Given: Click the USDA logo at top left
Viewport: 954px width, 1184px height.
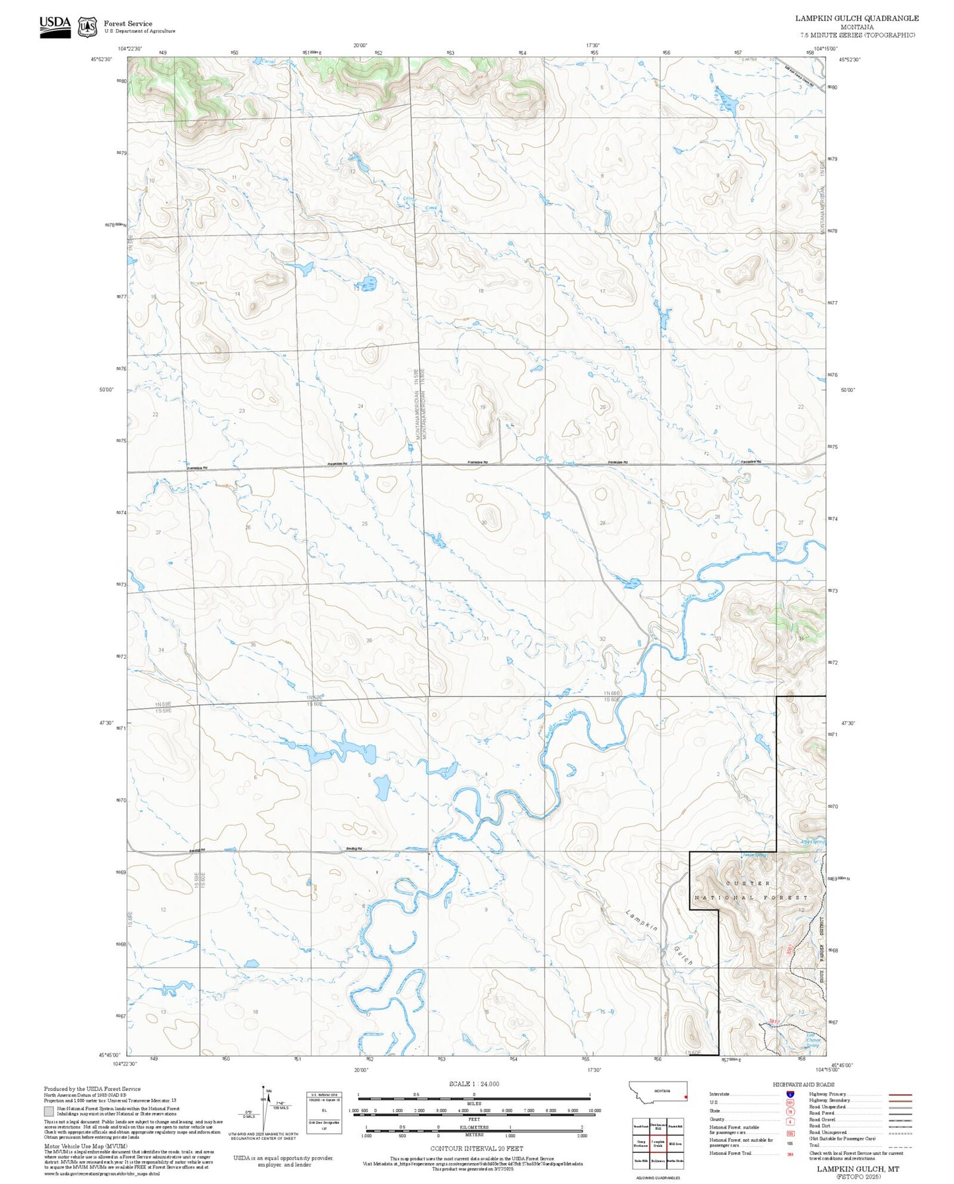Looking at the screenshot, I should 55,26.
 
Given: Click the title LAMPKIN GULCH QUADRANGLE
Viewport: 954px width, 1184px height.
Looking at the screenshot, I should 856,18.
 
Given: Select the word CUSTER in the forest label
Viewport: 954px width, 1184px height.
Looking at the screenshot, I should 747,883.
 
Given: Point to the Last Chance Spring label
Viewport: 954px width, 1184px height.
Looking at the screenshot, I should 813,1041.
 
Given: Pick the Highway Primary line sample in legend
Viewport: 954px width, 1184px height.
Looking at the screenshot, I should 901,1094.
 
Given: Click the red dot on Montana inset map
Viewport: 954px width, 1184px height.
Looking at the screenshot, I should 685,1098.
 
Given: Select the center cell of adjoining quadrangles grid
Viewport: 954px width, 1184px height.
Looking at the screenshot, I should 658,1142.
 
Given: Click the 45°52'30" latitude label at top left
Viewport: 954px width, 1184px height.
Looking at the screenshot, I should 101,59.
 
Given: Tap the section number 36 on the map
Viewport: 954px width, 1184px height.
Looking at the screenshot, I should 369,640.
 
